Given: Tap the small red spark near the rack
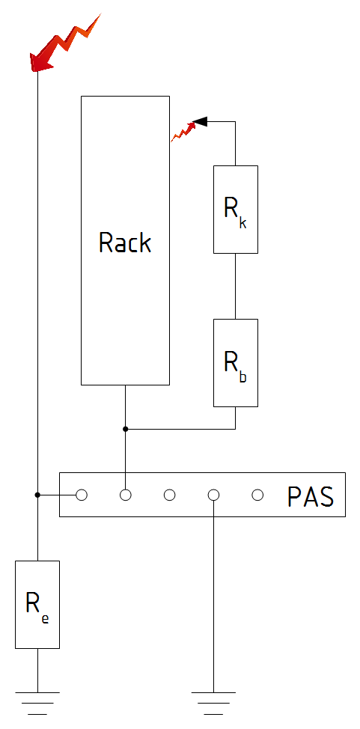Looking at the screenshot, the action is [183, 132].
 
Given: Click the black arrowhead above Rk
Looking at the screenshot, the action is [200, 122].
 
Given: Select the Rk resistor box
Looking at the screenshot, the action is [235, 210].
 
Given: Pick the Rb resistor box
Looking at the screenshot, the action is [235, 363].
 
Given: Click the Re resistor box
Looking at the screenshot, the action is [37, 605].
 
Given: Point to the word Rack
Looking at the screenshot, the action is [125, 243].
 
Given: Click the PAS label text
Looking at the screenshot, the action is [311, 496].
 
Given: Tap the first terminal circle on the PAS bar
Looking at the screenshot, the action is [82, 495].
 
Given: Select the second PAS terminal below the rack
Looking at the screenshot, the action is [125, 495].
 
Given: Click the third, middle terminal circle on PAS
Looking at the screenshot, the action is [169, 495].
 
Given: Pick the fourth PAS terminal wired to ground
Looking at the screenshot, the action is [213, 495].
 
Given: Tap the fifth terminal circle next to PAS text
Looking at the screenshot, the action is [257, 495].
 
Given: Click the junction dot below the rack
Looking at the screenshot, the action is [125, 429].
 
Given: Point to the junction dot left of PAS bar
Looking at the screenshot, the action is [37, 495].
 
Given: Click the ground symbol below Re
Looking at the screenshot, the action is [37, 703].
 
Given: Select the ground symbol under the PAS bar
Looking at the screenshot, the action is [213, 703].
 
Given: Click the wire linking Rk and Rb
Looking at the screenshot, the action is [235, 286].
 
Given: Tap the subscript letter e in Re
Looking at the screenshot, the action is [45, 619].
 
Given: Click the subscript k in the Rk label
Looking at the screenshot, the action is [242, 223].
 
